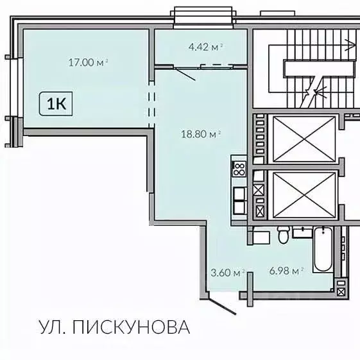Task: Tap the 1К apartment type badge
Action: [x=56, y=103]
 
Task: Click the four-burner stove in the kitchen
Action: [x=239, y=169]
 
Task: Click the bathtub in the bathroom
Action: [x=322, y=250]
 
